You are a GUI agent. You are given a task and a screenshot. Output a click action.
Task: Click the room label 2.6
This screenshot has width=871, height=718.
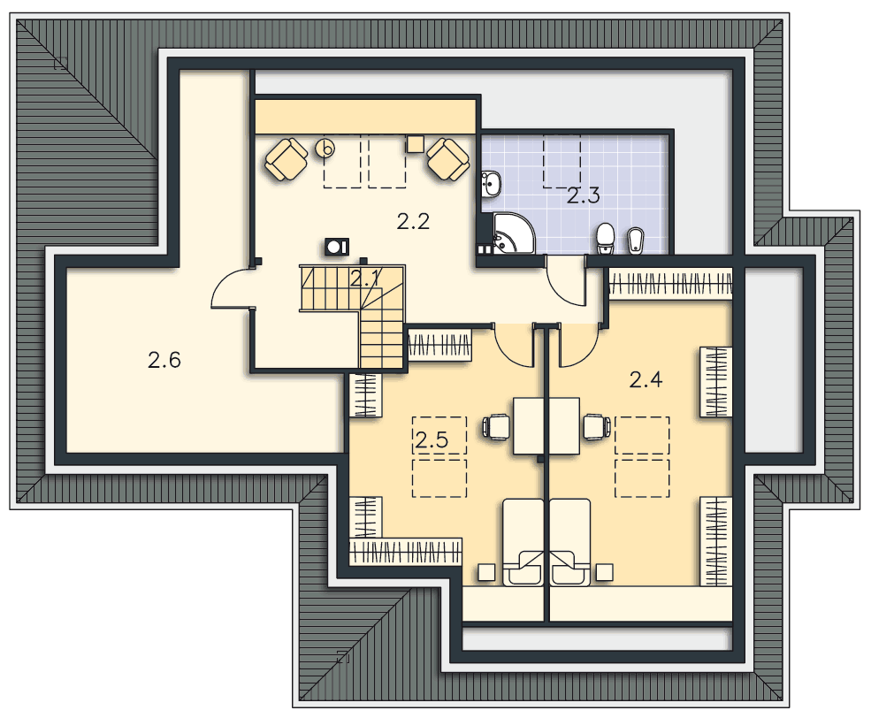click(x=164, y=361)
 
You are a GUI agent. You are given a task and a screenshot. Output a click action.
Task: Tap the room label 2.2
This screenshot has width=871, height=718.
click(x=413, y=222)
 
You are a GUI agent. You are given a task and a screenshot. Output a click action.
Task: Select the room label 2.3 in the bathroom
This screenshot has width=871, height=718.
click(x=584, y=195)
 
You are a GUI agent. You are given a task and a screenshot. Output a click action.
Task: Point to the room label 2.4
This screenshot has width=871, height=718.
click(x=646, y=380)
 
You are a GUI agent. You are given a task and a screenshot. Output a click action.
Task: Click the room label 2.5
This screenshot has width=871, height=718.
click(x=432, y=440)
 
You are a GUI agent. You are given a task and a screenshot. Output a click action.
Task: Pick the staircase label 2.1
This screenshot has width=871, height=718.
click(x=365, y=278)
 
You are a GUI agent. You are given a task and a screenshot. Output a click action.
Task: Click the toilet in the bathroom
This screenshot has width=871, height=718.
click(x=604, y=239)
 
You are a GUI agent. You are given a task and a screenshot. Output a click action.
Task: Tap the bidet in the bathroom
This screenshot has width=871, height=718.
click(x=634, y=241)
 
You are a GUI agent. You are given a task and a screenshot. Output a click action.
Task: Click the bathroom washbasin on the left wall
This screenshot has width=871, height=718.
click(x=491, y=183)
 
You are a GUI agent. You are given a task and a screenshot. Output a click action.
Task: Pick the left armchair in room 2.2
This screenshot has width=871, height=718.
click(x=287, y=159)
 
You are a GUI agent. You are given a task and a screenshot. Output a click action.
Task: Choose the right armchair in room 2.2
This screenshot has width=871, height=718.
click(x=448, y=159)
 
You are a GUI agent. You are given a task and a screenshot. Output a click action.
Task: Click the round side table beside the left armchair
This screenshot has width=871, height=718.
click(x=325, y=149)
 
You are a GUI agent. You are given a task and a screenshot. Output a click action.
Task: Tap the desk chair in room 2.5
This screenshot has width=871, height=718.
click(x=496, y=427)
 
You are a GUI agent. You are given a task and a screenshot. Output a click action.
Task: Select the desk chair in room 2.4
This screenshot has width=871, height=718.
click(x=597, y=427)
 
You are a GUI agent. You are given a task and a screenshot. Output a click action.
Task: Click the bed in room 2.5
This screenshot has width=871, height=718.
click(x=523, y=543)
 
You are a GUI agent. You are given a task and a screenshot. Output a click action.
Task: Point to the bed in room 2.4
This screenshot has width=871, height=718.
click(x=570, y=543)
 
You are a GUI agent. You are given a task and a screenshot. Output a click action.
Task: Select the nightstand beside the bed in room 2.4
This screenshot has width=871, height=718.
click(x=604, y=572)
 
